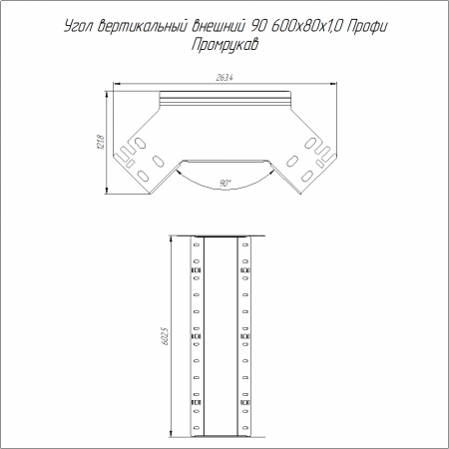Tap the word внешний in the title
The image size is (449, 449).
[220, 26]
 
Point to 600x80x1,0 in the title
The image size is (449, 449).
[306, 26]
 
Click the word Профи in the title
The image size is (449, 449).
[367, 27]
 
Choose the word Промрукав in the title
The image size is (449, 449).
[224, 45]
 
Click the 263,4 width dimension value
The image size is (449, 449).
[224, 78]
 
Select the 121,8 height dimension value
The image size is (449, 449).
[102, 142]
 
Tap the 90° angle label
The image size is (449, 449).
[225, 183]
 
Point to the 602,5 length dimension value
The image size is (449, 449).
[166, 336]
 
